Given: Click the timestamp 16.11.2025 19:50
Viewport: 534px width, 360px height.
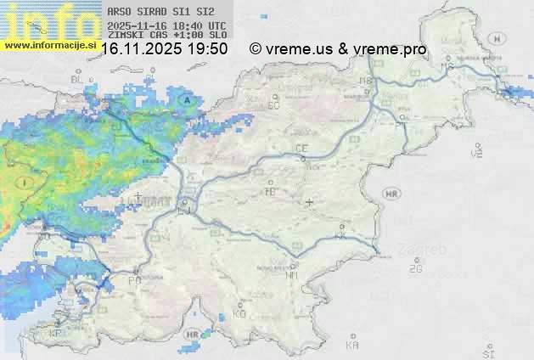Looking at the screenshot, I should (164, 48).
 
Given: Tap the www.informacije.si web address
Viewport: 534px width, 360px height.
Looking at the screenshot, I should (49, 44).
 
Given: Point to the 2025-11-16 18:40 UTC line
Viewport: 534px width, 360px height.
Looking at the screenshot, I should (166, 25).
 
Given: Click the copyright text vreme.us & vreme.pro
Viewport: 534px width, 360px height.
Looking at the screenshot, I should (338, 48).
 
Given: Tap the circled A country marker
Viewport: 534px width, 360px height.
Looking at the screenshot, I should (186, 99).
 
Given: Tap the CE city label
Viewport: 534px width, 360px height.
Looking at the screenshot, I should (301, 149).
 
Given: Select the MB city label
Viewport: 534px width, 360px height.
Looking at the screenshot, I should (366, 82).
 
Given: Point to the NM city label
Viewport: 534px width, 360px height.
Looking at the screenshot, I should (293, 275).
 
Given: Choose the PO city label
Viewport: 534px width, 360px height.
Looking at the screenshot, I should (134, 279).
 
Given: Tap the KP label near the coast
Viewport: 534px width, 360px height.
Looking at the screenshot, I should (56, 334).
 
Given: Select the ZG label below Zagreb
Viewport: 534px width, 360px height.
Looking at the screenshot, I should (415, 269).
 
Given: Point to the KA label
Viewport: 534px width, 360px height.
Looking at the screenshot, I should (352, 345).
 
